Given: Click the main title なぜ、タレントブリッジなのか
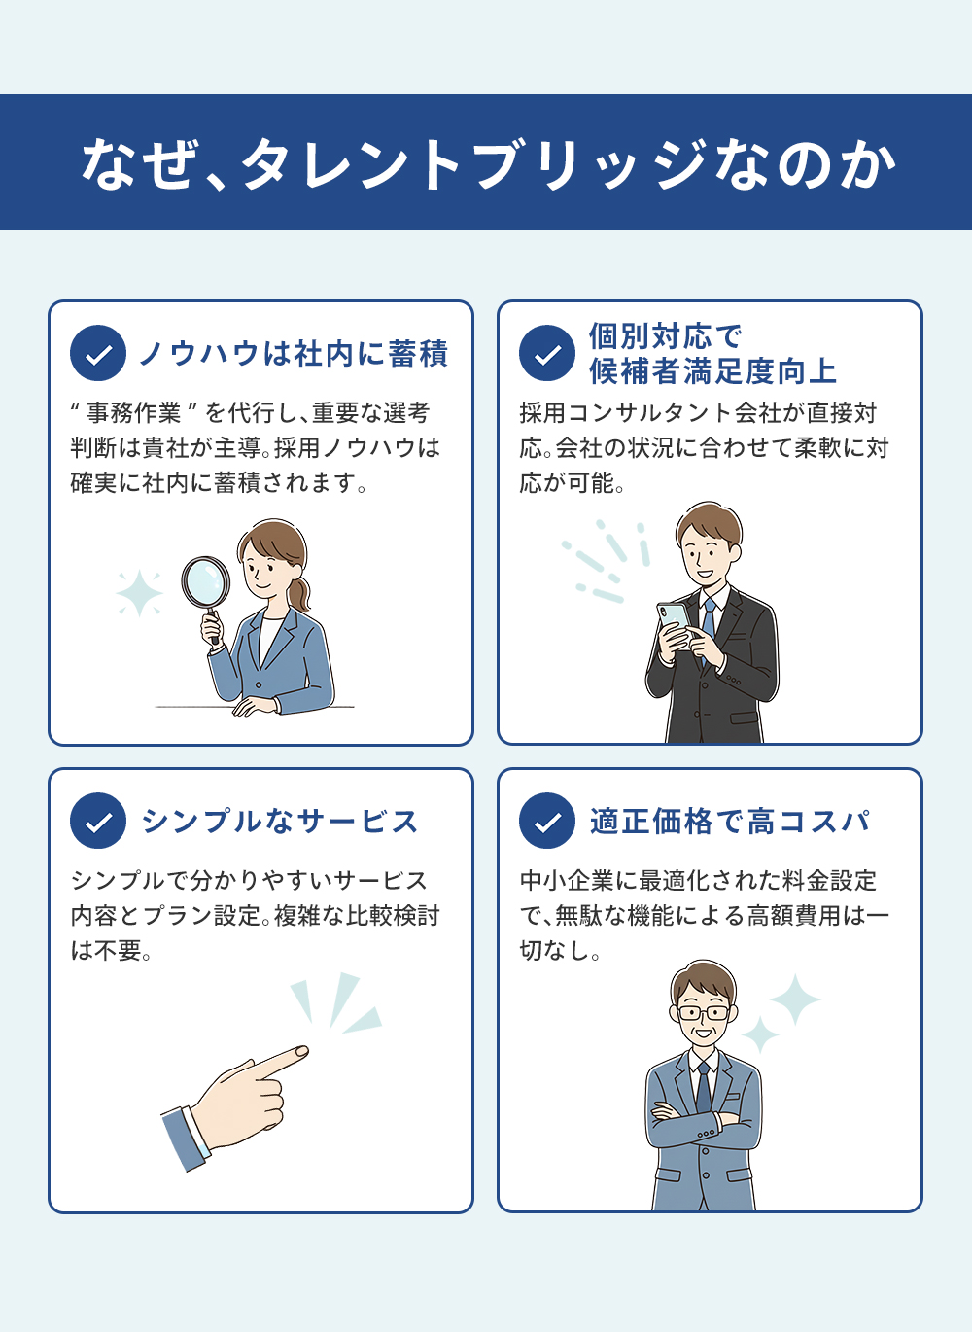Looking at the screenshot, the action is tap(488, 163).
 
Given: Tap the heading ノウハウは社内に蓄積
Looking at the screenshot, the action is tap(294, 353).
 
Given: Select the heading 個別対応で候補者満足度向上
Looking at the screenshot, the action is tap(712, 353).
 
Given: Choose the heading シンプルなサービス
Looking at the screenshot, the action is tap(279, 822).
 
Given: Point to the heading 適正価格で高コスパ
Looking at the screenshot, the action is tap(730, 822).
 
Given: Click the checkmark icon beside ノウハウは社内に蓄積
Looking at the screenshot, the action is tap(98, 353).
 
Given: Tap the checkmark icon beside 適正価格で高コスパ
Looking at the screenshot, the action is tap(547, 821).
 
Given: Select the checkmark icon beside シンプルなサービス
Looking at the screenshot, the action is tap(98, 821).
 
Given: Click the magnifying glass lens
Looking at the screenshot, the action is tap(206, 582).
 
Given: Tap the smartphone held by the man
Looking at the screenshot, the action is tap(675, 623).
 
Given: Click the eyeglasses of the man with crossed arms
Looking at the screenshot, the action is tap(704, 1013).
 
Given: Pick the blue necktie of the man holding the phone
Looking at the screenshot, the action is tap(709, 627).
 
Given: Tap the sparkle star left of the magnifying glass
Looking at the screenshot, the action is tap(139, 593).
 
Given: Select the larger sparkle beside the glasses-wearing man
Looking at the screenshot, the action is tap(795, 999).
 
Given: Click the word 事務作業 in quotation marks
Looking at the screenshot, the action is tap(133, 412).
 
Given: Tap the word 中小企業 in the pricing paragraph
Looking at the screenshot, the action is tap(567, 881).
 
